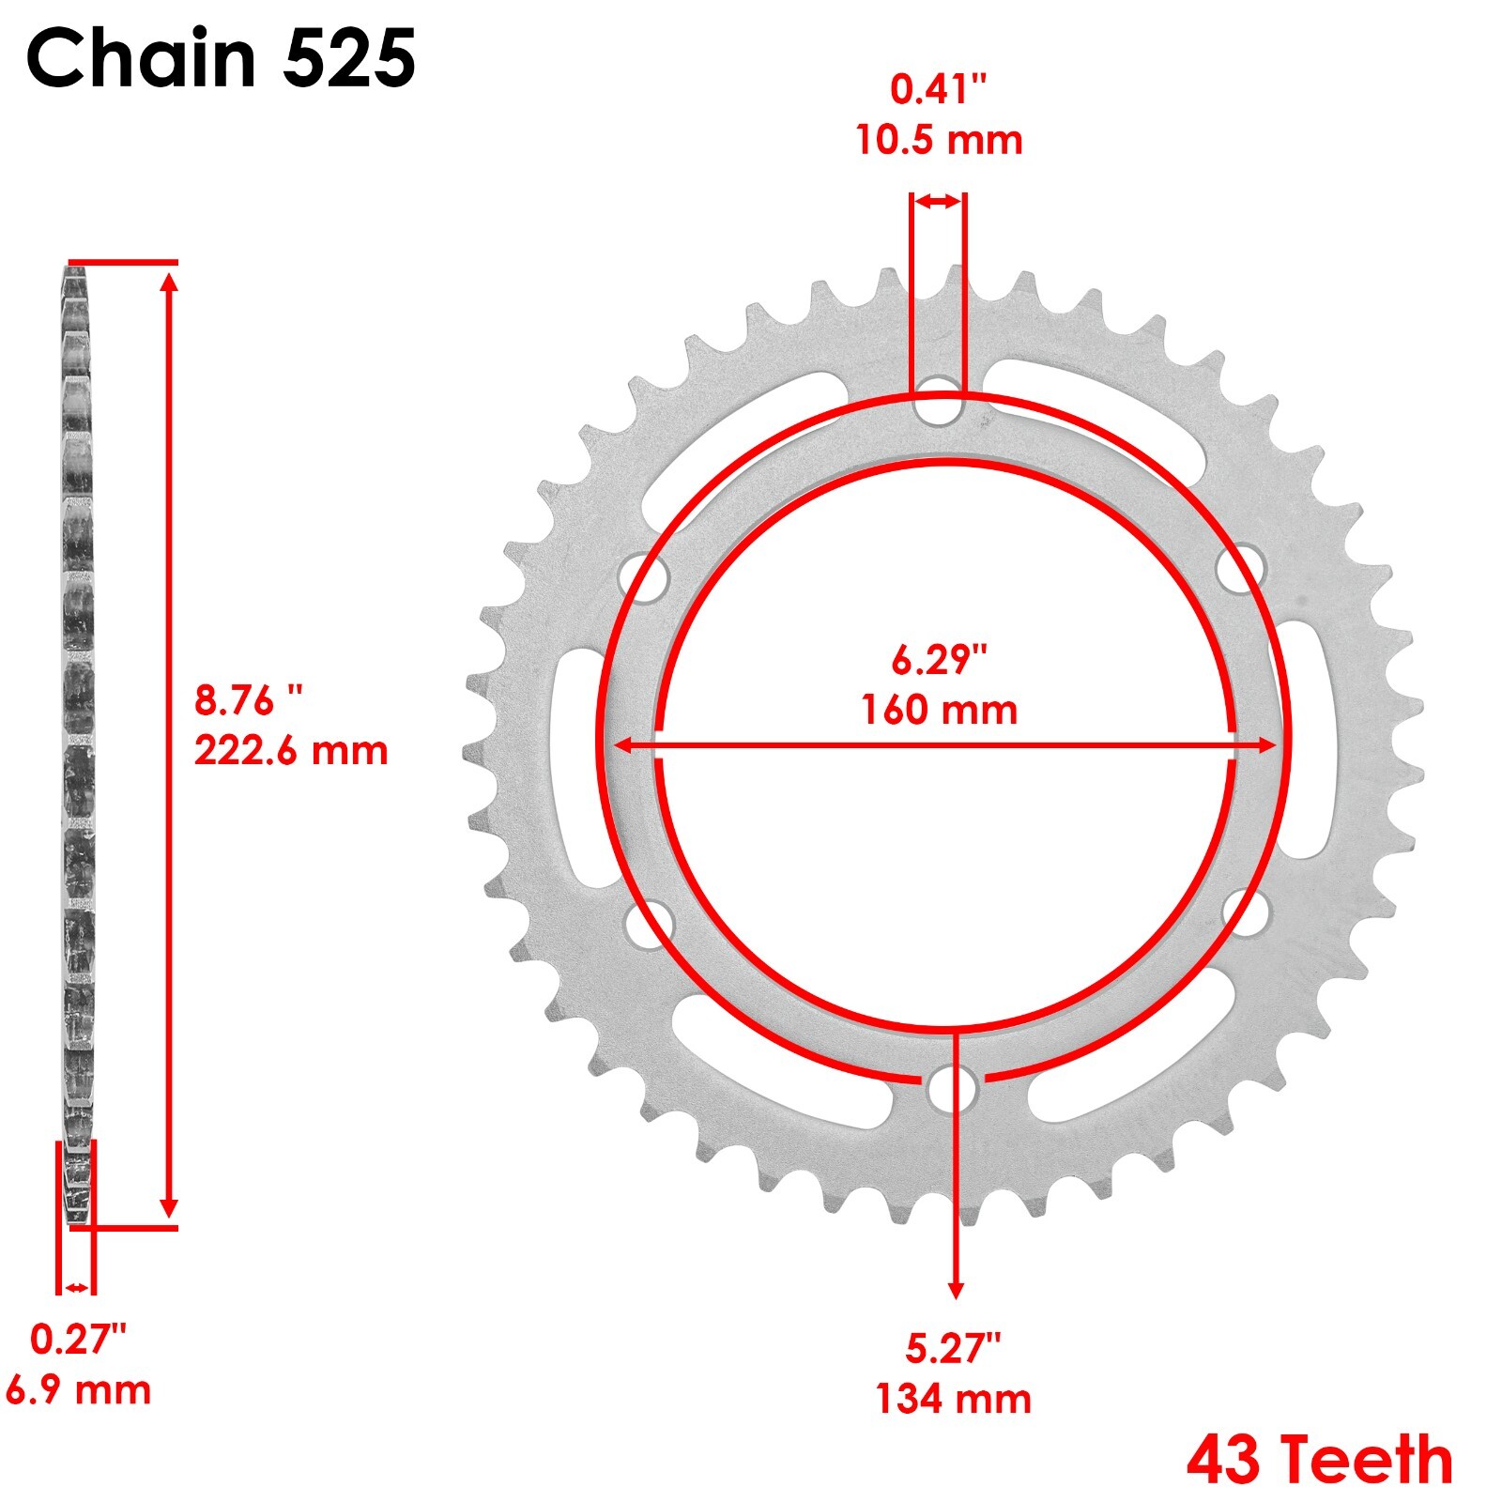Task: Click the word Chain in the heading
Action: click(x=141, y=58)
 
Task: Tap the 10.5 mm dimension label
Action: click(x=938, y=141)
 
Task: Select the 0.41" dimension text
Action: click(x=938, y=90)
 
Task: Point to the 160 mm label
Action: click(x=939, y=710)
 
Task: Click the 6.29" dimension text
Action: click(x=939, y=660)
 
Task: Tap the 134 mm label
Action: click(x=953, y=1399)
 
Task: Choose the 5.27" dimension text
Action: click(x=953, y=1349)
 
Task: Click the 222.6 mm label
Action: click(x=291, y=751)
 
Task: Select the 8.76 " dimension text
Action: click(x=250, y=700)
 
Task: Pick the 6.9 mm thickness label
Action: click(x=78, y=1389)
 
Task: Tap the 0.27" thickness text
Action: click(x=78, y=1340)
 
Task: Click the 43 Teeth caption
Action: click(x=1319, y=1461)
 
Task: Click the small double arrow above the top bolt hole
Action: click(x=938, y=201)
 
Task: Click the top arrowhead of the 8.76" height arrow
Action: click(x=169, y=281)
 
